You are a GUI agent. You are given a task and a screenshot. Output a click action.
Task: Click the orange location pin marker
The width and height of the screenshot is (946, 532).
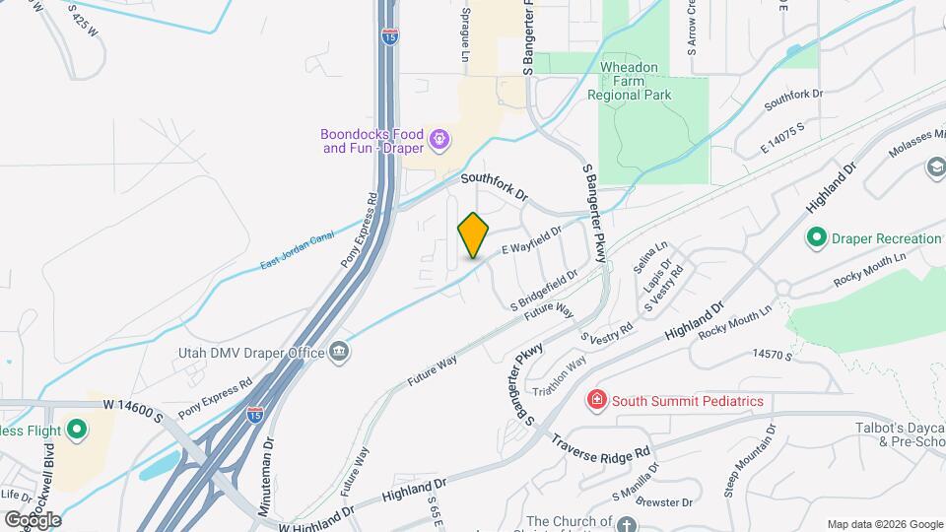click(x=474, y=235)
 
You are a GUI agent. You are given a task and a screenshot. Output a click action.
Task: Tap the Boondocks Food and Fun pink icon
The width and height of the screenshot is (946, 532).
click(x=439, y=141)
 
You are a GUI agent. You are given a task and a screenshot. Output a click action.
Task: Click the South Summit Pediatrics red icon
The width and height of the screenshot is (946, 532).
click(x=596, y=400)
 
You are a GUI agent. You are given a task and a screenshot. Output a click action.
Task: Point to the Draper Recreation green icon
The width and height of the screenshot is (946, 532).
click(x=816, y=238)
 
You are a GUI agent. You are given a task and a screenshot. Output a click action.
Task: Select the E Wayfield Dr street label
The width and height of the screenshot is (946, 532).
click(x=531, y=241)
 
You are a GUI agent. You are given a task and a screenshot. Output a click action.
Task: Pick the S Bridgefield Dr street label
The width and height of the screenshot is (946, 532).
click(x=543, y=290)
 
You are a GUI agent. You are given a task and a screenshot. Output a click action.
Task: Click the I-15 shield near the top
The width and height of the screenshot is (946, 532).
click(x=390, y=37)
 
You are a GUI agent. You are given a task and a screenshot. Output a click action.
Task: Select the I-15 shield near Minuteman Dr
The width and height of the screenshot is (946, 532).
click(x=254, y=415)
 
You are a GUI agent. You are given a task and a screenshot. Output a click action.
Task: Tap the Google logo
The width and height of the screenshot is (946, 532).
click(x=33, y=518)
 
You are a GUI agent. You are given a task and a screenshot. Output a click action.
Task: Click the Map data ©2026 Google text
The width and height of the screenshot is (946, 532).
click(x=885, y=524)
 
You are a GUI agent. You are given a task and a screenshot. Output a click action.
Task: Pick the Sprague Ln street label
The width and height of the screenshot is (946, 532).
click(x=464, y=37)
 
